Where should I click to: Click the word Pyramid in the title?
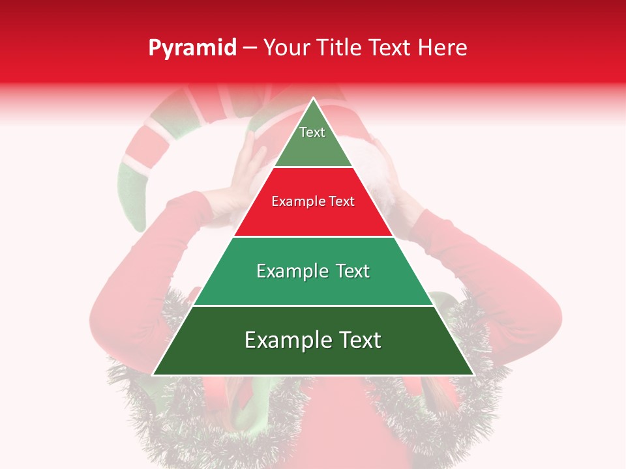tap(192, 48)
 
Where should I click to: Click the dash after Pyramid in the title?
tap(250, 48)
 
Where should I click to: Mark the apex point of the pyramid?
tap(313, 98)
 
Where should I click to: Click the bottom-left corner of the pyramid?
tap(153, 375)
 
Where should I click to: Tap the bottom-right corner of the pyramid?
tap(473, 375)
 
